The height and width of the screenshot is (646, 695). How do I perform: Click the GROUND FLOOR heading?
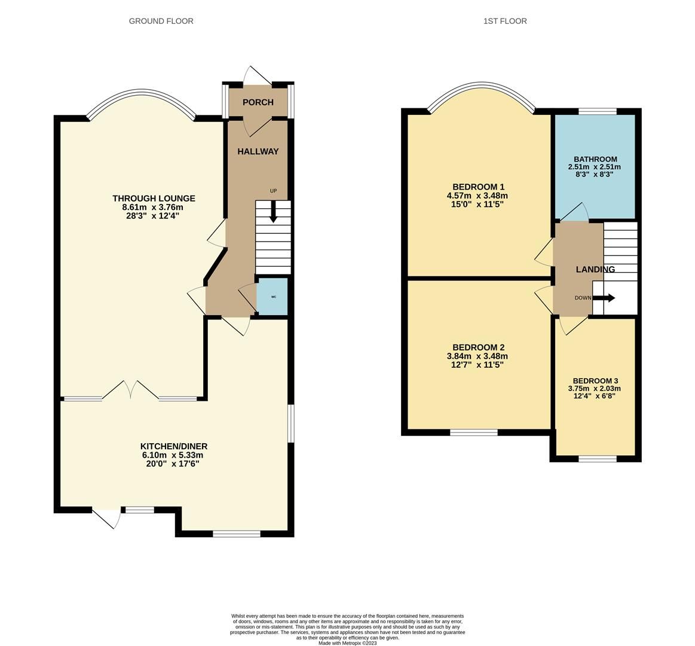point(161,21)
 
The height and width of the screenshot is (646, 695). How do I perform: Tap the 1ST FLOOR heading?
point(505,21)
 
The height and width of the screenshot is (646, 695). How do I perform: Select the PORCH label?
point(258,102)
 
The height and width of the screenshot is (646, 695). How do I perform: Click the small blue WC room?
point(273,297)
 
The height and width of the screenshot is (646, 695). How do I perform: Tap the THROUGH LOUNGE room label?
point(154,199)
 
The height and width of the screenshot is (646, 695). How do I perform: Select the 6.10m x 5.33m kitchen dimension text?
point(173,455)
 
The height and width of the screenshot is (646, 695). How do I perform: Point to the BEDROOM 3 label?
point(595,381)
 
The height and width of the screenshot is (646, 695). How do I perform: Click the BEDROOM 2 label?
point(479,348)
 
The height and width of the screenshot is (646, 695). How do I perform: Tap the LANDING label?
point(595,270)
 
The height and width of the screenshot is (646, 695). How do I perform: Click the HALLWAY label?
point(258,151)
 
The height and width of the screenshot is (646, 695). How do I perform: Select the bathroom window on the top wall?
point(597,111)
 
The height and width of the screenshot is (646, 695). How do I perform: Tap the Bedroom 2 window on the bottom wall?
point(474,432)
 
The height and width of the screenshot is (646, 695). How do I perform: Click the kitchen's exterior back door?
point(106,518)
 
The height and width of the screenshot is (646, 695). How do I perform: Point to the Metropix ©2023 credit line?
point(347,643)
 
